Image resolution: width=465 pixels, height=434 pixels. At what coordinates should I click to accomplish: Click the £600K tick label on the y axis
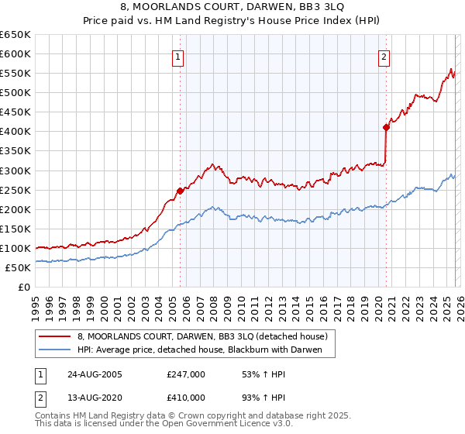(15, 53)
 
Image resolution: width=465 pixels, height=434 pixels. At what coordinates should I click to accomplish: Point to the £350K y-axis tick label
(15, 151)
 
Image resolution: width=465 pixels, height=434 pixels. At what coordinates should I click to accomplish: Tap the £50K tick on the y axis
(18, 267)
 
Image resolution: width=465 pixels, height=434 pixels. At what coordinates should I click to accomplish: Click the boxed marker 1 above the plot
(179, 56)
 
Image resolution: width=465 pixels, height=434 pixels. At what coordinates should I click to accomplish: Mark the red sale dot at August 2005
(180, 191)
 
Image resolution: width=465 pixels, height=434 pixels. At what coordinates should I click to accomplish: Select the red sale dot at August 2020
(386, 127)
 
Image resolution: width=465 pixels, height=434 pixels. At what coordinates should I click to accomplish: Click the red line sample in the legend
(54, 336)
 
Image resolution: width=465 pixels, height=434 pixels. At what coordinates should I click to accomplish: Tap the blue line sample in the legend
(54, 350)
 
